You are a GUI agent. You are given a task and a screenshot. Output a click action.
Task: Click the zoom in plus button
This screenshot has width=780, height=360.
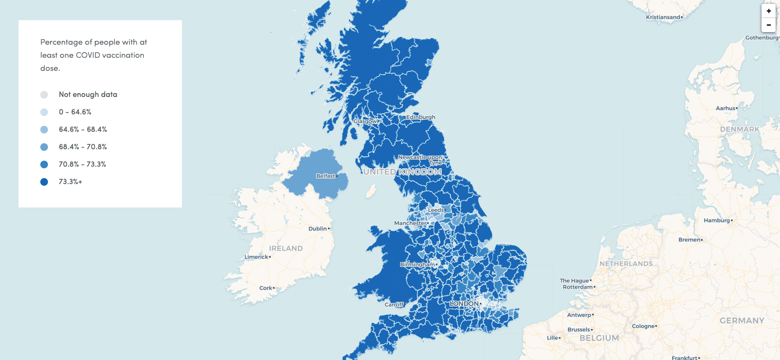click(769, 11)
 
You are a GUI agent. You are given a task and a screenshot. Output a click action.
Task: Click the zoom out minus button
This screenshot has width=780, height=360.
click(769, 25)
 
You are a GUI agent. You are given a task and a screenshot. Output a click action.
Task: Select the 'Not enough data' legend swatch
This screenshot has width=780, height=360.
click(44, 94)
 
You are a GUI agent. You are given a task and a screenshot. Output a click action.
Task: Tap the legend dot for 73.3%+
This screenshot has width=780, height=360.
click(44, 182)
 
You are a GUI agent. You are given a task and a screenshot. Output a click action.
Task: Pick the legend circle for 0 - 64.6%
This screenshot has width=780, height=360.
click(44, 112)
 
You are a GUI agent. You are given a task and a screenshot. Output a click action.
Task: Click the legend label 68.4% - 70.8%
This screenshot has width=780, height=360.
click(83, 147)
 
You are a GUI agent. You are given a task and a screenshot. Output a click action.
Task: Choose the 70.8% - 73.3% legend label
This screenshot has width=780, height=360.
click(83, 164)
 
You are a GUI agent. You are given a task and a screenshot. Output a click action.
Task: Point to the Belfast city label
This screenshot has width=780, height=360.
click(325, 176)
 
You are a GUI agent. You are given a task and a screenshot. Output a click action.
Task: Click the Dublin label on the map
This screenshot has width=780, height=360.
click(318, 229)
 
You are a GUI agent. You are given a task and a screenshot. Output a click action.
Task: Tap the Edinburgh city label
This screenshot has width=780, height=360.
click(421, 117)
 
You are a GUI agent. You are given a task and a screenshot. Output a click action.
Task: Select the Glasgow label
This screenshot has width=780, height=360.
click(364, 121)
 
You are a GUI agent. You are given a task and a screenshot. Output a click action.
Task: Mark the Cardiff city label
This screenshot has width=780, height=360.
click(394, 304)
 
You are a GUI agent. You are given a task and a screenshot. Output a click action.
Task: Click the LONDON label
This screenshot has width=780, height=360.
click(464, 303)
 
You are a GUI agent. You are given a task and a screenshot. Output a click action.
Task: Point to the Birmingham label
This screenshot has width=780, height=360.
click(417, 265)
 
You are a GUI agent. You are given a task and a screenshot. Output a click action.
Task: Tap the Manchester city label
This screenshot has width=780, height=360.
click(410, 223)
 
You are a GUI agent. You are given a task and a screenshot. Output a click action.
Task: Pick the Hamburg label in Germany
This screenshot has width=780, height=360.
click(716, 221)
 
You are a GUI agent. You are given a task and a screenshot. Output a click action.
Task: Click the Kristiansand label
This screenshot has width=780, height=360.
click(663, 17)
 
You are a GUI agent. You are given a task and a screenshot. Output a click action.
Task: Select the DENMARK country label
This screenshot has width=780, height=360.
click(739, 129)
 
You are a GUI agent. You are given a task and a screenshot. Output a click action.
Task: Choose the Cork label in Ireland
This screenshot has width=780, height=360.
click(266, 288)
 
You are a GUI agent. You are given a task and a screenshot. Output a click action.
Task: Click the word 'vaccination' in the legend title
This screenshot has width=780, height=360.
click(123, 55)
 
